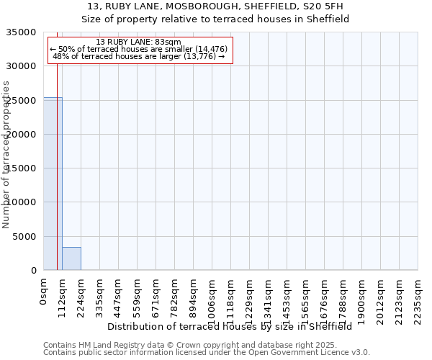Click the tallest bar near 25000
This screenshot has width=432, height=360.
(53, 184)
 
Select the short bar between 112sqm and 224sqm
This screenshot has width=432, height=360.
(71, 258)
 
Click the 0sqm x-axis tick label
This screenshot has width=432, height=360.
(43, 292)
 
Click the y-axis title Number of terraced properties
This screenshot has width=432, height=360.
(6, 154)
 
